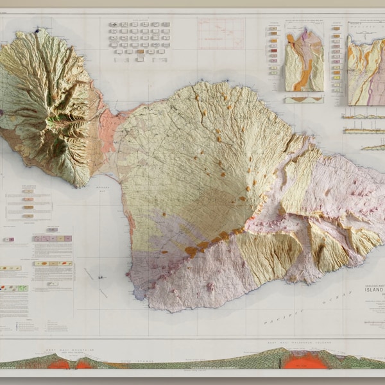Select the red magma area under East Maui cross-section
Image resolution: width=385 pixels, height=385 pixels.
pyautogui.click(x=306, y=361)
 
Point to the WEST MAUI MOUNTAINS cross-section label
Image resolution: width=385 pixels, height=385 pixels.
pyautogui.click(x=69, y=350)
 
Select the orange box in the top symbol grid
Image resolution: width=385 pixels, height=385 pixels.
pyautogui.click(x=139, y=51)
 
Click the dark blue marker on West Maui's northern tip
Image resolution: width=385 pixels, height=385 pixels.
pyautogui.click(x=37, y=30)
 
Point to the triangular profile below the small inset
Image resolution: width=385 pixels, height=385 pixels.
pyautogui.click(x=304, y=100)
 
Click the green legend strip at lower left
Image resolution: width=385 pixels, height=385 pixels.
pyautogui.click(x=14, y=288)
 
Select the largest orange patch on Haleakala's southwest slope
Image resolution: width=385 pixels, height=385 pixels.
pyautogui.click(x=191, y=252)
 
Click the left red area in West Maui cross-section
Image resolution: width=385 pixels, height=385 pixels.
pyautogui.click(x=60, y=364)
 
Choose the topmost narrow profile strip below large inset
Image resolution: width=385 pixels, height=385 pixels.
pyautogui.click(x=363, y=116)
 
